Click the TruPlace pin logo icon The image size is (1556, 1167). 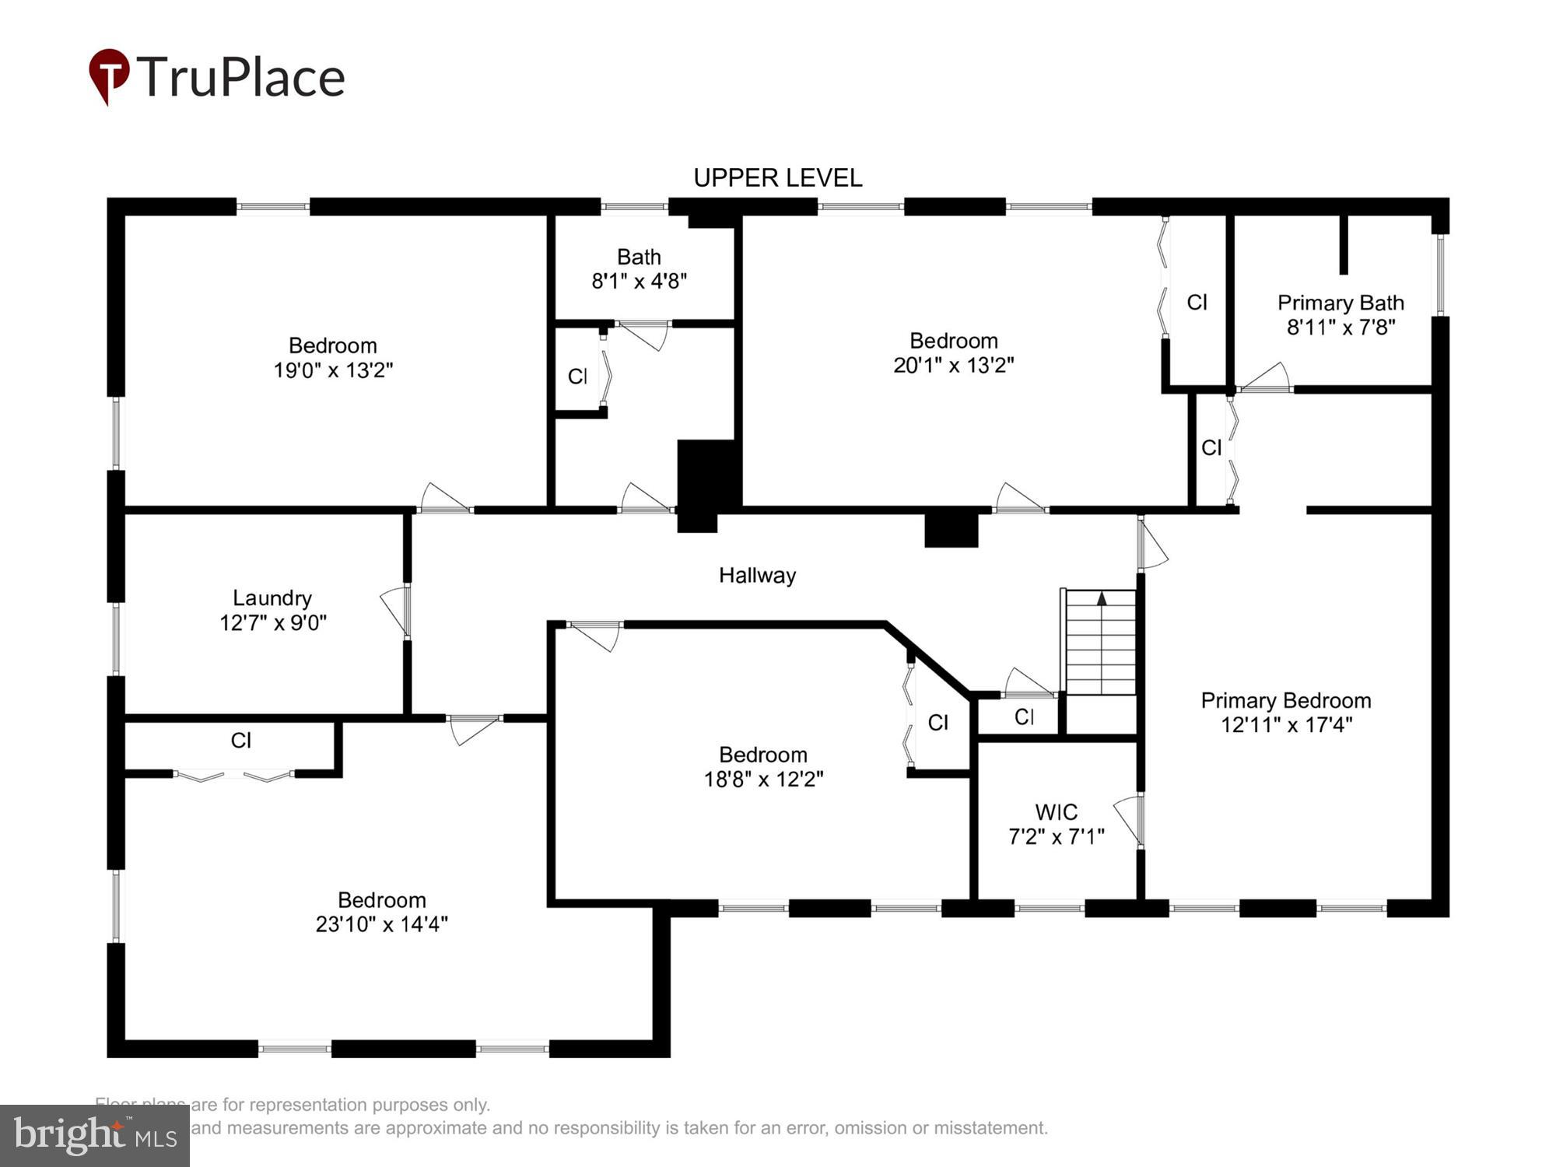pos(109,75)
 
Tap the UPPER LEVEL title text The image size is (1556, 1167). pos(777,178)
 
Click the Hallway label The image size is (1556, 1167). pos(757,576)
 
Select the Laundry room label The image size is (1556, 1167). pos(272,598)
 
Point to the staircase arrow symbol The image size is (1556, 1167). pos(1101,598)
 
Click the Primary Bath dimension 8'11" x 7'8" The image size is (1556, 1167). pos(1340,328)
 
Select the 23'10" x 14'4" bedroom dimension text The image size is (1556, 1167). pos(381,924)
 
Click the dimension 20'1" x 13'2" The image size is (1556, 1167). pos(953,365)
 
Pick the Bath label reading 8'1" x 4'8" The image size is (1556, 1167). pos(639,269)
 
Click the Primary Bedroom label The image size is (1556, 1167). pos(1285,700)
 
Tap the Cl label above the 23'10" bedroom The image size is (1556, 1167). pos(241,741)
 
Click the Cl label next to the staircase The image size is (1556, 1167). pos(1024,717)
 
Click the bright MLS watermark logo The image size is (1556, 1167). pos(94,1136)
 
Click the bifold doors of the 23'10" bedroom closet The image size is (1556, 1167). pos(233,776)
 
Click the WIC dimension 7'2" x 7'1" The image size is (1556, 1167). pos(1056,837)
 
